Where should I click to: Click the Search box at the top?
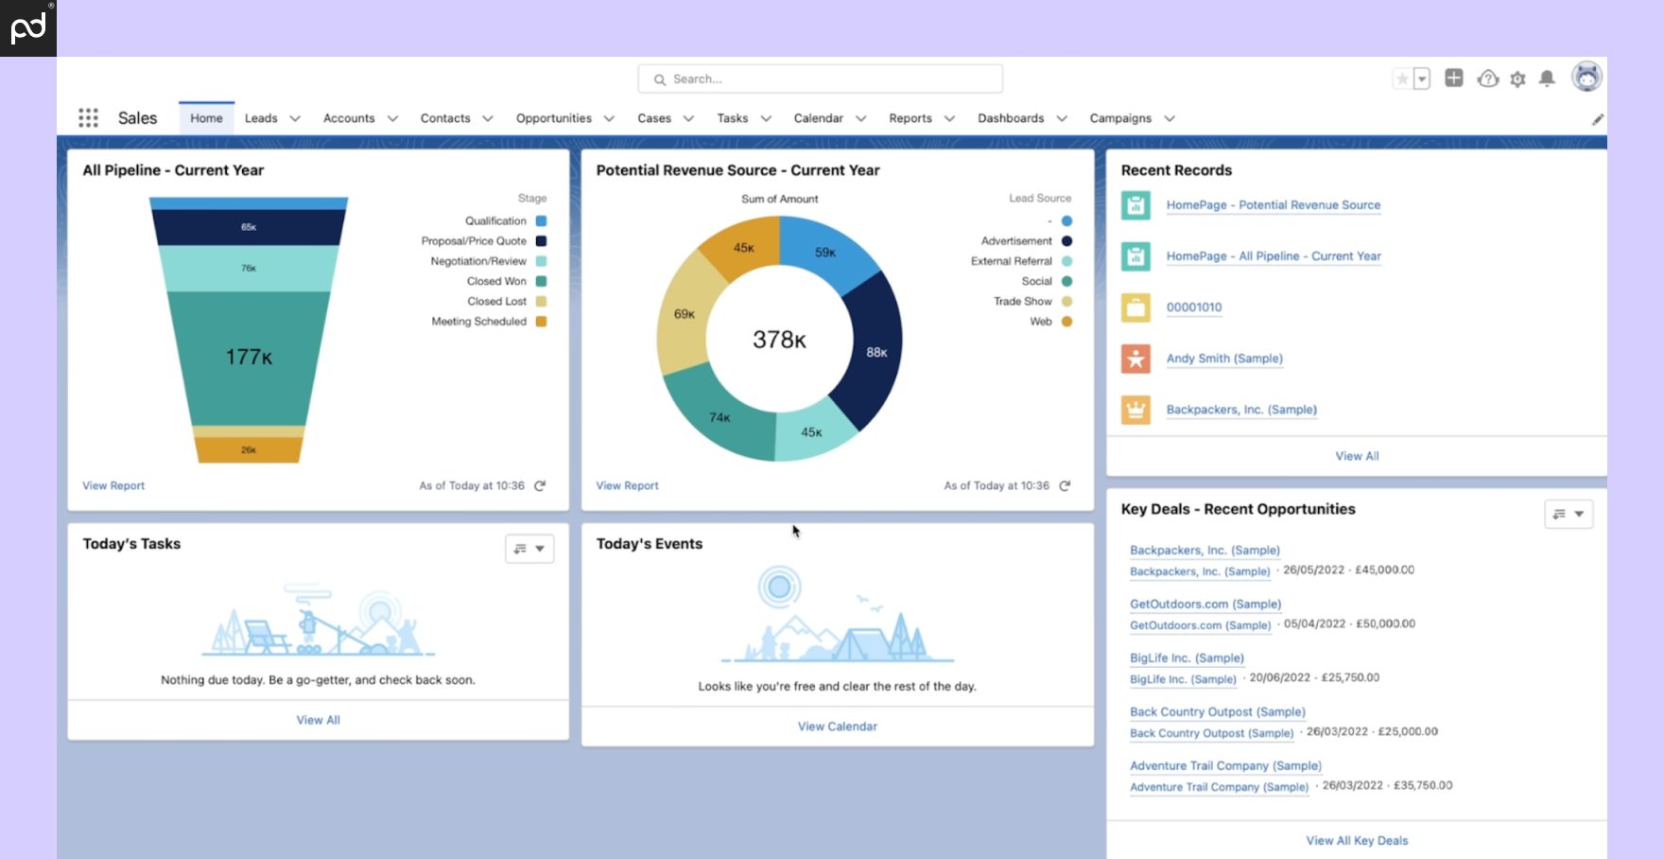click(820, 79)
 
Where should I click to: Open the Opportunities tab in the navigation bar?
click(554, 118)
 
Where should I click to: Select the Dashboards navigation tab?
click(1011, 118)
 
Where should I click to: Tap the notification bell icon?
click(1547, 79)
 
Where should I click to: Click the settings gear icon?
click(1517, 79)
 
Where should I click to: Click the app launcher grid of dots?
click(88, 117)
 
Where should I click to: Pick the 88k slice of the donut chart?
click(875, 351)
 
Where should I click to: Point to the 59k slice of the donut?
click(824, 252)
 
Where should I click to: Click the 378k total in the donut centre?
click(779, 340)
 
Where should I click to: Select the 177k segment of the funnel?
click(249, 357)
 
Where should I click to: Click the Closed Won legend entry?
click(497, 281)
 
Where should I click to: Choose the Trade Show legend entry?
click(1023, 301)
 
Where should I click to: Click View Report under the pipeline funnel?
click(113, 485)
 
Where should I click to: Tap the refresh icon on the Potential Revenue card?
click(1065, 485)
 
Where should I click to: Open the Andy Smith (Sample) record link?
click(1224, 359)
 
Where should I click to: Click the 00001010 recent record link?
click(1194, 307)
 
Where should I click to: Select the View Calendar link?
click(837, 727)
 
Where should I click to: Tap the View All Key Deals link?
click(1357, 841)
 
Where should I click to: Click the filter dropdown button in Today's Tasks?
click(529, 549)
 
